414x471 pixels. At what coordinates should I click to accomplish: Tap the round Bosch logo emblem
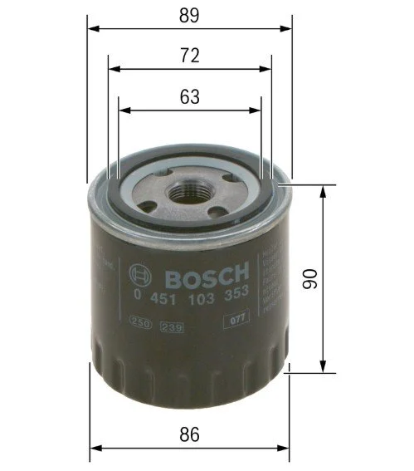140,274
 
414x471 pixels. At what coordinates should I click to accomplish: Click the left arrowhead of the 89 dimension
92,29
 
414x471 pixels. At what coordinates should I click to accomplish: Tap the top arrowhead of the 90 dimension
322,190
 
